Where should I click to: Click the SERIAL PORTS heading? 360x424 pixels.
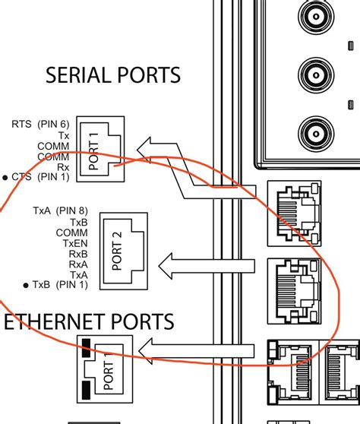coord(113,75)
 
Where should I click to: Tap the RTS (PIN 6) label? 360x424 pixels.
coord(40,123)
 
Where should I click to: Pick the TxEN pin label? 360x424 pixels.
coord(75,242)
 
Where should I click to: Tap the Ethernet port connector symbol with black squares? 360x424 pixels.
coord(103,367)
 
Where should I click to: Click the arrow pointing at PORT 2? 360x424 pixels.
coord(205,264)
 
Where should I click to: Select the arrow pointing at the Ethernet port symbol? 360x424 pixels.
coord(197,350)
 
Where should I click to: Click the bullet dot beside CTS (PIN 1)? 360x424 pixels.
coord(5,177)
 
